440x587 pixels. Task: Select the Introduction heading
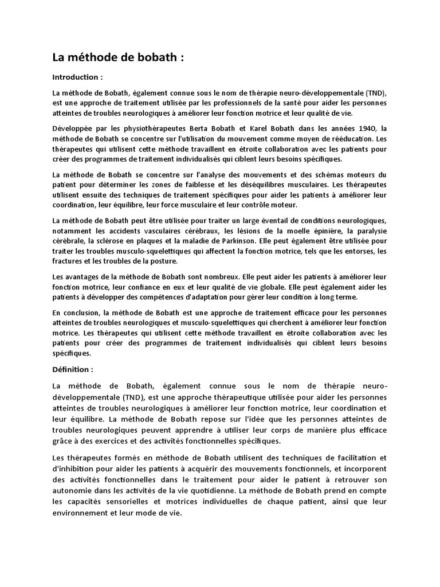tap(77, 77)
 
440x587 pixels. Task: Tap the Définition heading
tap(72, 369)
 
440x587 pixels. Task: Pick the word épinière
tap(335, 231)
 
